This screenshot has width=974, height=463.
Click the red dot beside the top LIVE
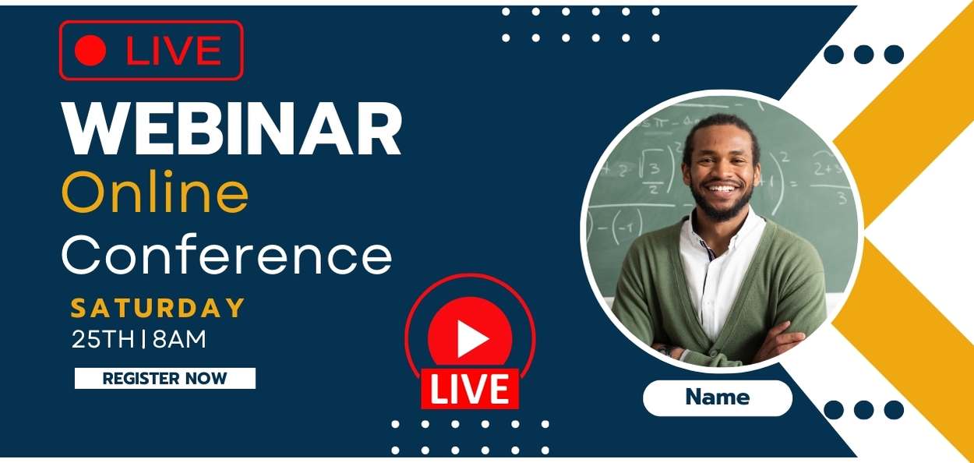[x=90, y=51]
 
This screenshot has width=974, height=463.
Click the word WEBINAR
[x=231, y=129]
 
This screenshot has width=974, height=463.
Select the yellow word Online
[x=155, y=192]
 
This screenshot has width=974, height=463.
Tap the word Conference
[x=227, y=255]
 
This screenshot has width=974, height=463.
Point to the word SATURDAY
[x=158, y=308]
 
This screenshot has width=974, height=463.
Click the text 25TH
[x=103, y=339]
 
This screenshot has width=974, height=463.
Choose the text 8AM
[x=179, y=339]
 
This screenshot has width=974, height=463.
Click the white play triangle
[x=471, y=339]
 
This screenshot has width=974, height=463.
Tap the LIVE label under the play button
[x=470, y=389]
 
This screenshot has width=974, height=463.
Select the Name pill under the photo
[x=718, y=398]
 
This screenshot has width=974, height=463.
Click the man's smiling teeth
[x=722, y=189]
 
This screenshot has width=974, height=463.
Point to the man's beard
[x=722, y=204]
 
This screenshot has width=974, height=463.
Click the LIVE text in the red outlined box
[x=174, y=51]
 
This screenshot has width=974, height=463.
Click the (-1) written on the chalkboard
[x=626, y=225]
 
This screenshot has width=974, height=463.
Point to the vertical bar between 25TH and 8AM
[x=143, y=339]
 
